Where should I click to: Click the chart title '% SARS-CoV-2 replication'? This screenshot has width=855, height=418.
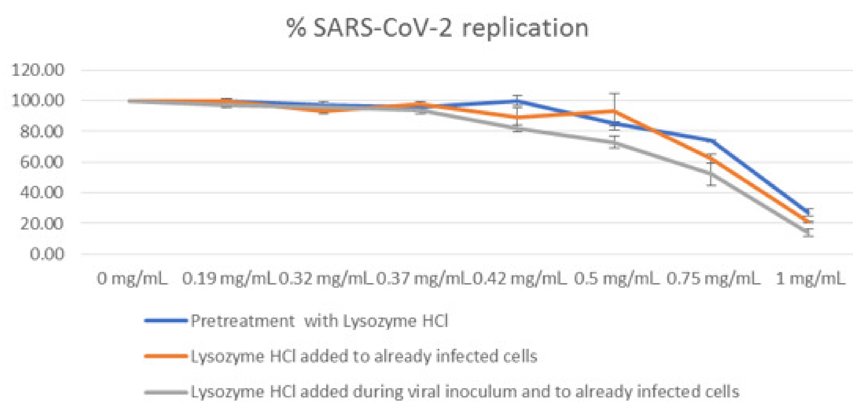[x=437, y=28]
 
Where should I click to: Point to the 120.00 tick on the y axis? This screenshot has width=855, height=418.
[x=37, y=70]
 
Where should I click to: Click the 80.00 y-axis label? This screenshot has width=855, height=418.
[x=41, y=132]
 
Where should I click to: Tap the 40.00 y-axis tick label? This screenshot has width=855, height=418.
[x=41, y=192]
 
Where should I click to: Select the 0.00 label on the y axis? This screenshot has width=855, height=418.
[x=46, y=254]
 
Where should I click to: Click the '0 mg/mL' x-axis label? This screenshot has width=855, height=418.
[x=132, y=279]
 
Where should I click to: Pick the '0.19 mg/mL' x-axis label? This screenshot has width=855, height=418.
[x=229, y=279]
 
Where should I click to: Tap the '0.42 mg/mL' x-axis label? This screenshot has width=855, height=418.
[x=519, y=279]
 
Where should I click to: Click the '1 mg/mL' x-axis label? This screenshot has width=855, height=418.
[x=810, y=279]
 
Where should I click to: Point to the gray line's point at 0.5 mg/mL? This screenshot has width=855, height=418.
[x=615, y=143]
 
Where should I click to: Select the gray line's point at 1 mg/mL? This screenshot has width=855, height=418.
[x=809, y=232]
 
